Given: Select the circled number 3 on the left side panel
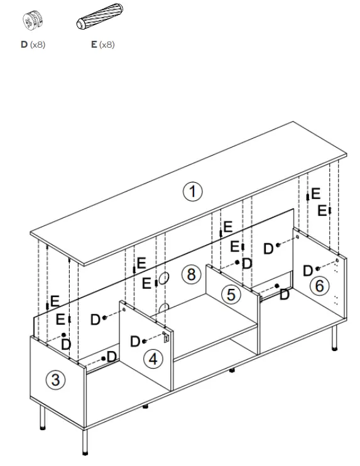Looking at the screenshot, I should click(x=56, y=379).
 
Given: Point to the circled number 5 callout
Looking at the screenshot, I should click(x=232, y=294).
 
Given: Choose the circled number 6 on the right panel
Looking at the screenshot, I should click(x=319, y=286).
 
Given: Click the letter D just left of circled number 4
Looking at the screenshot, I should click(x=135, y=341).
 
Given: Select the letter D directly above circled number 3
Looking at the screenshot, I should click(x=66, y=344).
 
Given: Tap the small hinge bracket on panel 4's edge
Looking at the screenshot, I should click(x=167, y=337).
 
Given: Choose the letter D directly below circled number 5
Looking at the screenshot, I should click(x=284, y=295).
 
